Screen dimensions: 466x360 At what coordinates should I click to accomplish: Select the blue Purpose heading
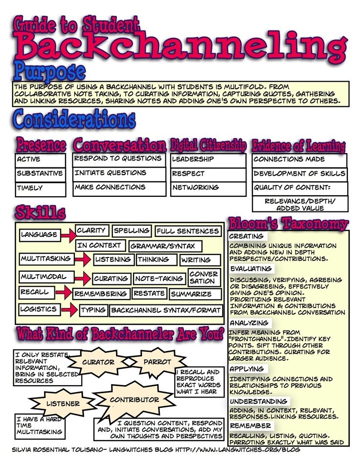click(x=49, y=71)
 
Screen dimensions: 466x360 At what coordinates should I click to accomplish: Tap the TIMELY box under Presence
click(x=40, y=188)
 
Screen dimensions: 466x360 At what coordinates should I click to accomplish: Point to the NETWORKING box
click(x=208, y=188)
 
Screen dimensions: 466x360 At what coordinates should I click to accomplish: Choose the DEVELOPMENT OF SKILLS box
click(x=299, y=174)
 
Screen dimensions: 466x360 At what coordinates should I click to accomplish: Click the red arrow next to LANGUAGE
click(x=68, y=235)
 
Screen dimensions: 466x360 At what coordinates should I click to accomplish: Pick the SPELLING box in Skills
click(x=132, y=231)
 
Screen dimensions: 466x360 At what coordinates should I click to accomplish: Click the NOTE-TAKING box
click(x=159, y=279)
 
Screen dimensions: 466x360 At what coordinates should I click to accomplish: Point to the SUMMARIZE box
click(x=191, y=294)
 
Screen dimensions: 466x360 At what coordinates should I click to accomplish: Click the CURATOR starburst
click(x=98, y=363)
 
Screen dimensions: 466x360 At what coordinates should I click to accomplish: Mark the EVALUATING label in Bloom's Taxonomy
click(x=251, y=269)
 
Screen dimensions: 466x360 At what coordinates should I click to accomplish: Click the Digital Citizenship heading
click(x=208, y=145)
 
